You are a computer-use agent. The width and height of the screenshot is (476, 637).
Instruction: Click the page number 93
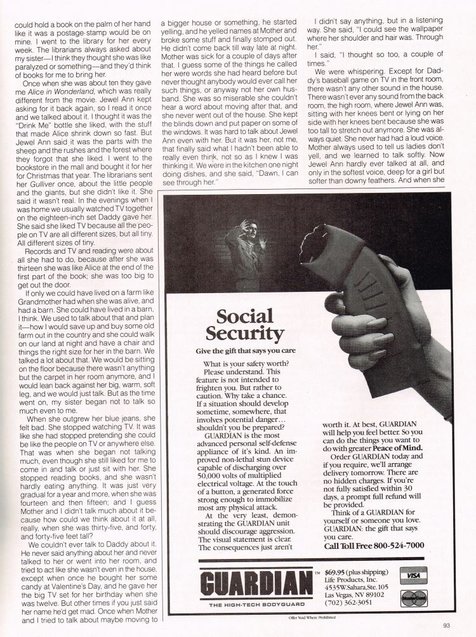(x=446, y=625)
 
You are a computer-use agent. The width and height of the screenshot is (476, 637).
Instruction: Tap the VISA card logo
(x=413, y=575)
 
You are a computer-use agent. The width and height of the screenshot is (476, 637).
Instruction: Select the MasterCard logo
(x=413, y=598)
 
